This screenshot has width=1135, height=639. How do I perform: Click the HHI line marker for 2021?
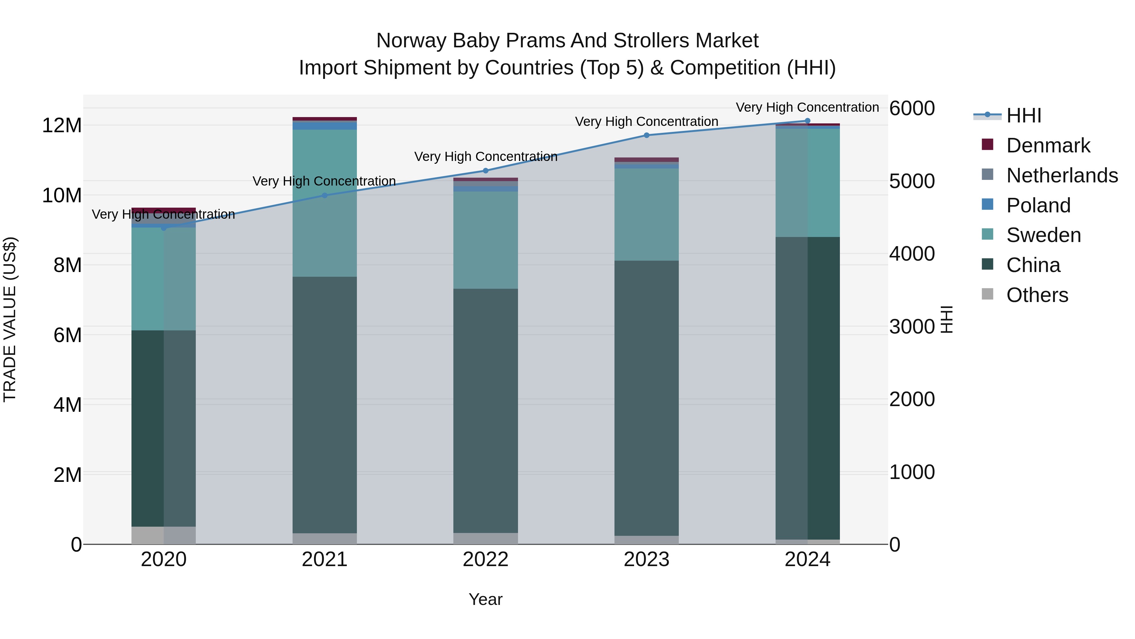pyautogui.click(x=325, y=195)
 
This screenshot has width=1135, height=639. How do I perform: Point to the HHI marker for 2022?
pyautogui.click(x=486, y=171)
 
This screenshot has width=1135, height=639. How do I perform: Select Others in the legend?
pyautogui.click(x=1037, y=295)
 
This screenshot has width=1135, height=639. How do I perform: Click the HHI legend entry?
pyautogui.click(x=1023, y=115)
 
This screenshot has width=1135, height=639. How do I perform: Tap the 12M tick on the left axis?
pyautogui.click(x=62, y=126)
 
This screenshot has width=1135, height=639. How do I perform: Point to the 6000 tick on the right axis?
pyautogui.click(x=911, y=109)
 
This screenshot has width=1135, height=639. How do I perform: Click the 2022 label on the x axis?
pyautogui.click(x=486, y=559)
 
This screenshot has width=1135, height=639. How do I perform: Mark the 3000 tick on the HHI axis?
pyautogui.click(x=911, y=327)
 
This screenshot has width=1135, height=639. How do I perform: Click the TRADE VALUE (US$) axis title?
pyautogui.click(x=10, y=319)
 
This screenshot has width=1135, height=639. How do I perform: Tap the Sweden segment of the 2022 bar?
pyautogui.click(x=486, y=240)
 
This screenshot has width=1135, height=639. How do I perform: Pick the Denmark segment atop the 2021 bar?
pyautogui.click(x=325, y=119)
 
